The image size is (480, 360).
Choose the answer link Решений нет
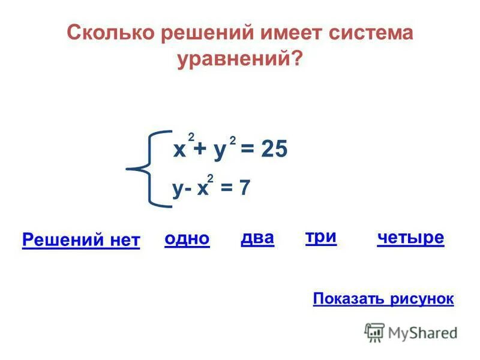click(81, 241)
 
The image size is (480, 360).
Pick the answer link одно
click(187, 239)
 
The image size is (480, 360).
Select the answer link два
click(257, 238)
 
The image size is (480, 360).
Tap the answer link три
click(321, 237)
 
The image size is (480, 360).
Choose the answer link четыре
click(411, 238)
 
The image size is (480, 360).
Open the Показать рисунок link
click(383, 299)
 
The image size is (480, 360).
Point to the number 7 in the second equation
click(244, 188)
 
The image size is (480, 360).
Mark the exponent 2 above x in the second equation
click(211, 178)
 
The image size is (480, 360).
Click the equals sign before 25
click(248, 150)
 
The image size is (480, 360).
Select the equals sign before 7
click(226, 188)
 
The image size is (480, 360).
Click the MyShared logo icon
click(374, 332)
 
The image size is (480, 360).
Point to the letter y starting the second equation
click(178, 190)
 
